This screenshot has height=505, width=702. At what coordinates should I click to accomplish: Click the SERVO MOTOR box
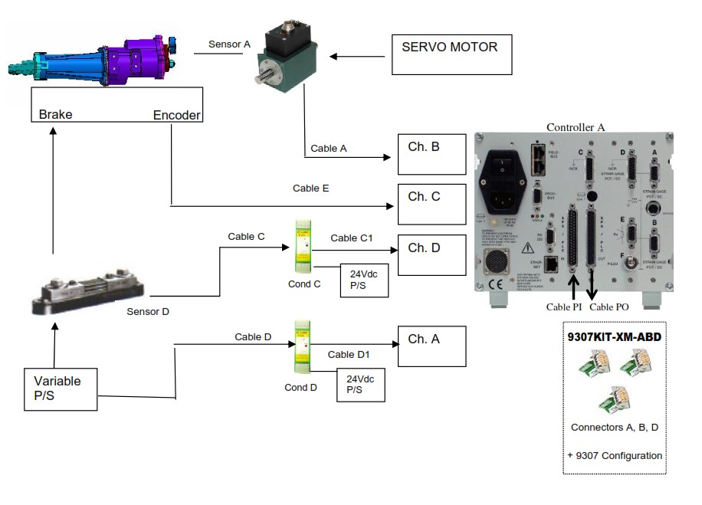(x=451, y=54)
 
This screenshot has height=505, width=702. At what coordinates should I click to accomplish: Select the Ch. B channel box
(x=431, y=154)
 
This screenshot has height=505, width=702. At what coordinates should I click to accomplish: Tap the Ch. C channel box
(x=431, y=204)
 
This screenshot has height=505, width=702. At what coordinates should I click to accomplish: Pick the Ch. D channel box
(x=431, y=254)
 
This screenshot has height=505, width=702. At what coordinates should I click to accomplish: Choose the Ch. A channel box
(x=431, y=346)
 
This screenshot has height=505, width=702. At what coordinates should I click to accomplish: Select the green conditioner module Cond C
(x=303, y=248)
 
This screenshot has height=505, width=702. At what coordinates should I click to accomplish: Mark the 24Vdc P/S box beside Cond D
(x=360, y=385)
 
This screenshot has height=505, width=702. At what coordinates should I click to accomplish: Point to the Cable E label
(x=310, y=188)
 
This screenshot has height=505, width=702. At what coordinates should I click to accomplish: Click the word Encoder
(x=177, y=115)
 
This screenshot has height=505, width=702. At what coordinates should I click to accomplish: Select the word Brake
(x=56, y=115)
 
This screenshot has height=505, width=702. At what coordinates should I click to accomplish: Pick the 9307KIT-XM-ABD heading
(x=613, y=336)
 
